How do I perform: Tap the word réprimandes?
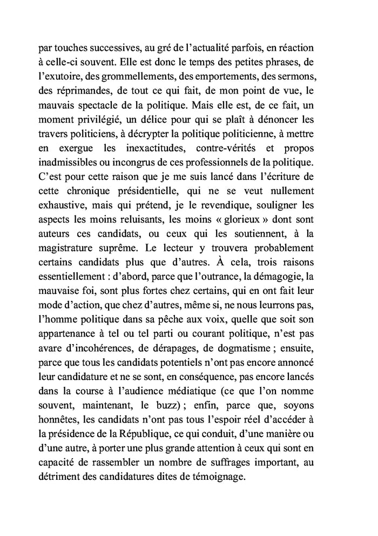pyautogui.click(x=88, y=87)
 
